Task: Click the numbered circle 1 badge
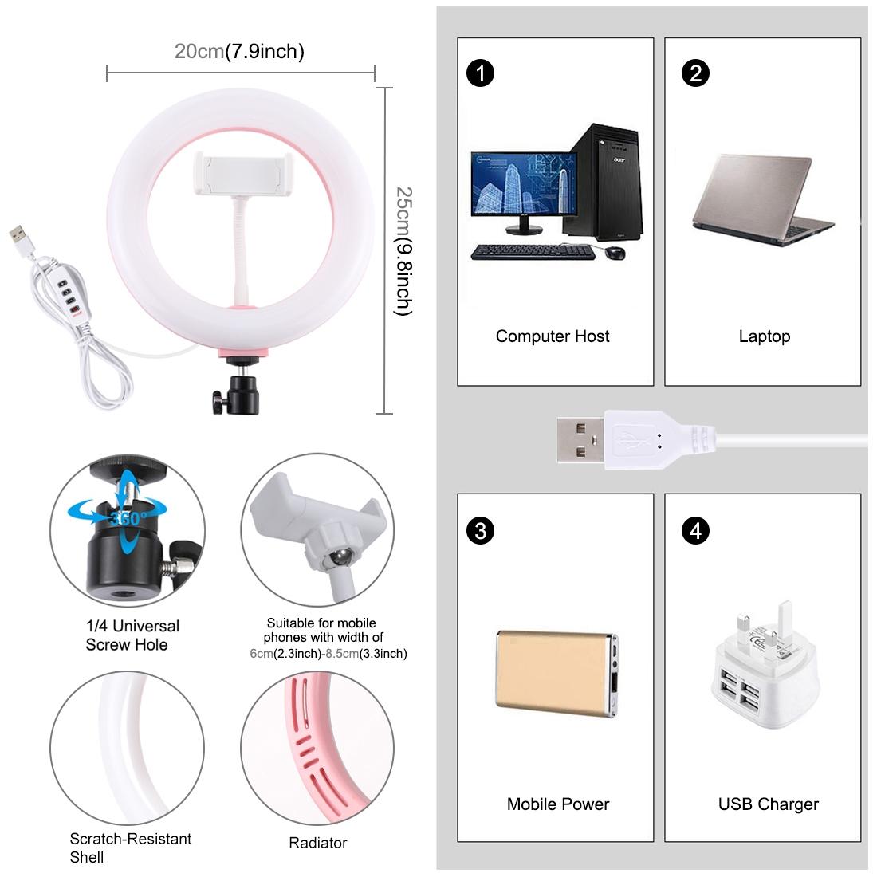[x=481, y=73]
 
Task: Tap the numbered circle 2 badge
[x=696, y=73]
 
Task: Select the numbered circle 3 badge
[x=481, y=530]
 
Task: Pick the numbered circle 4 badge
[x=696, y=530]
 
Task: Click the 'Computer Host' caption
[x=553, y=336]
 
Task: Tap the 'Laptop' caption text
[x=764, y=336]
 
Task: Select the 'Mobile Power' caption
[x=557, y=804]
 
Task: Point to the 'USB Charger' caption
[x=768, y=804]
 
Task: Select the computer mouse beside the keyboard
[x=614, y=253]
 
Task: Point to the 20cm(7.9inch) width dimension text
[x=239, y=52]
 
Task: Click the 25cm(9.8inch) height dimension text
[x=405, y=251]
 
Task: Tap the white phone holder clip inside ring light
[x=239, y=175]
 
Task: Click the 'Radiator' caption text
[x=317, y=843]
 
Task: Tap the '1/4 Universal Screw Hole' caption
[x=132, y=635]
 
